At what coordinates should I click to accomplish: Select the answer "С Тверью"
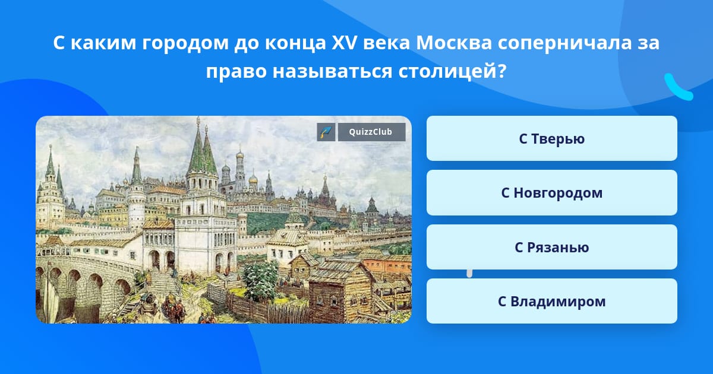coord(551,138)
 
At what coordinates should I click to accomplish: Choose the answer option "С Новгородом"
coord(551,193)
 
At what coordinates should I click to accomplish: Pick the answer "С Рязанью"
coord(551,247)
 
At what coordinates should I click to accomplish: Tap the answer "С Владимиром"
coord(551,301)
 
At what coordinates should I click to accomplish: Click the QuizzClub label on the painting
coord(371,132)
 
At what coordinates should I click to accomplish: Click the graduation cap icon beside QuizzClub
coord(326,132)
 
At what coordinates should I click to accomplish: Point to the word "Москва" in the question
coord(454,43)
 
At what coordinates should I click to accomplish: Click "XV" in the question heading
coord(344,43)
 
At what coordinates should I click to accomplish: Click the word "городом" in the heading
coord(185,43)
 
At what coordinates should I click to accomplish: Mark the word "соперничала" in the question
coord(564,43)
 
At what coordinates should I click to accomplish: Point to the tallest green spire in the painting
coord(198,150)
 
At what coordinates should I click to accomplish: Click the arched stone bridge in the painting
coord(83,280)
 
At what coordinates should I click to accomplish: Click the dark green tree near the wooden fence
coord(260,280)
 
